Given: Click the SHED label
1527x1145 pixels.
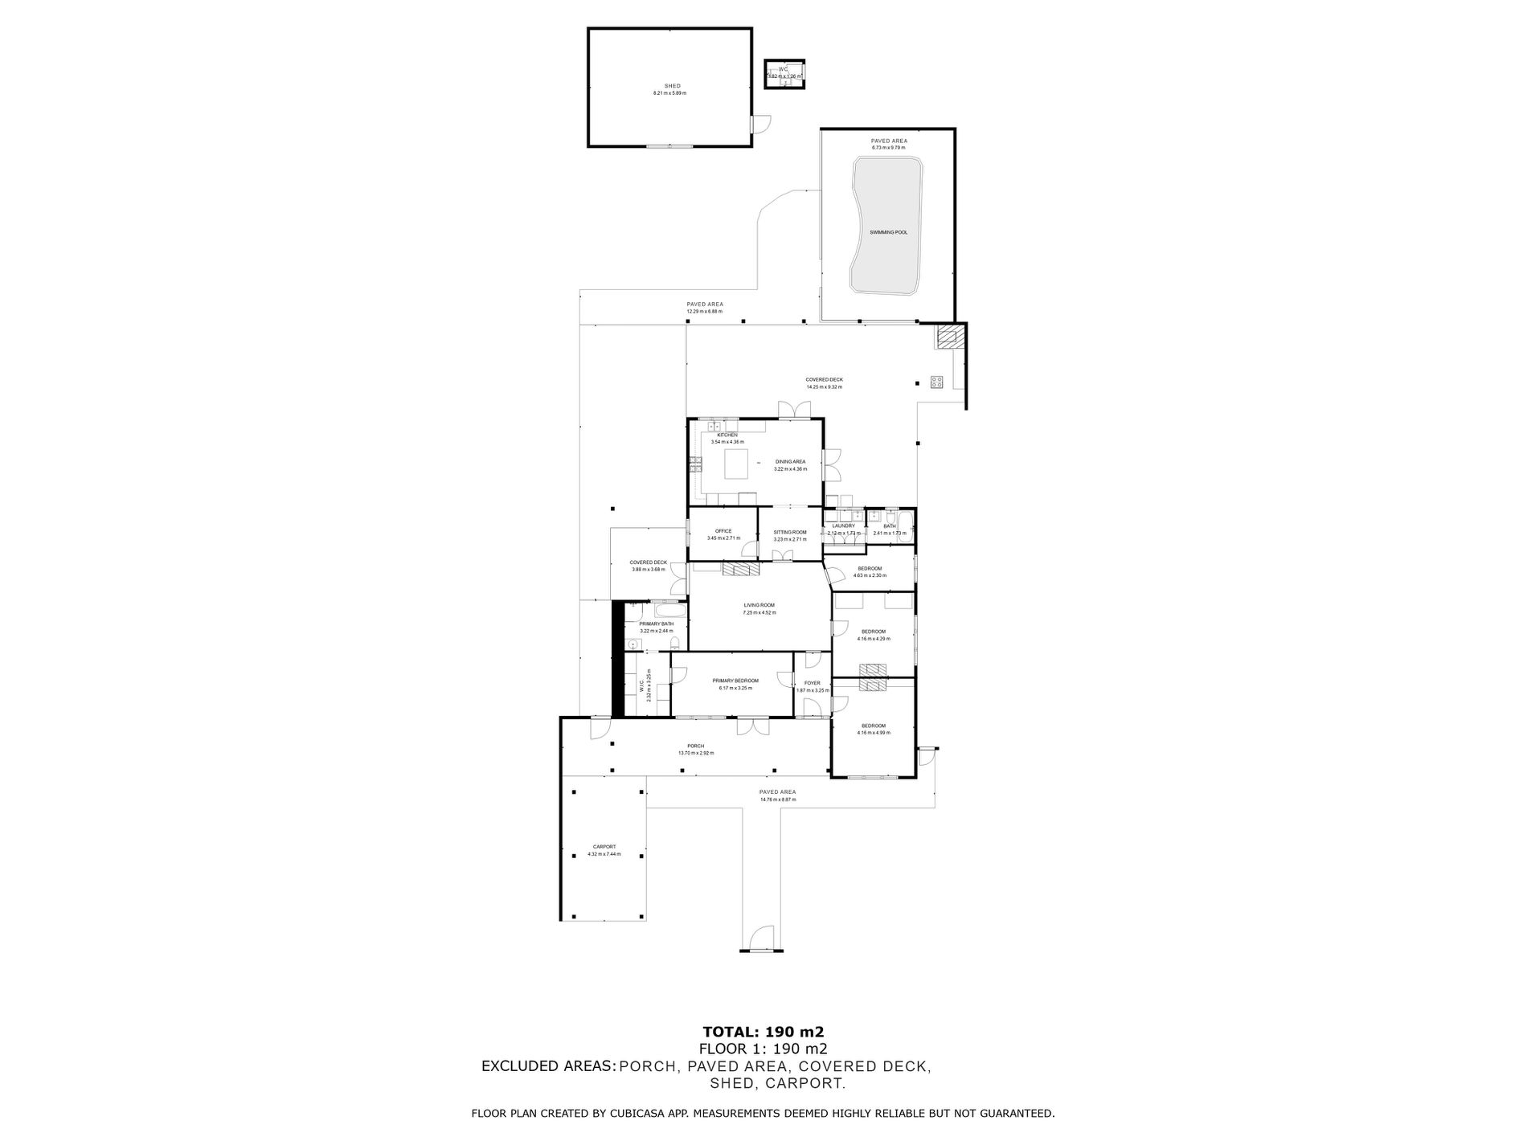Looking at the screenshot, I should tap(672, 86).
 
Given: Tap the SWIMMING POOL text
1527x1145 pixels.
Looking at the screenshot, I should tap(888, 232).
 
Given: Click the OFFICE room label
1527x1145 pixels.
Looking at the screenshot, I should tap(723, 531).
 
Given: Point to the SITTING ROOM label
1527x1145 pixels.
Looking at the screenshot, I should tap(789, 532).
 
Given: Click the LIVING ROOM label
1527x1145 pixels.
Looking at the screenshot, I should tap(759, 605).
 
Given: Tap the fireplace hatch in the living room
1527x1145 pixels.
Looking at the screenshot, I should tap(740, 569).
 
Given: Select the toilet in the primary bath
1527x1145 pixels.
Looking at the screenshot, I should tap(675, 644).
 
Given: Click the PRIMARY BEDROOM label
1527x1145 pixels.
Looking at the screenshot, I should tap(735, 681).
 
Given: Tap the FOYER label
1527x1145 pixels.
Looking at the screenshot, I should tap(812, 683).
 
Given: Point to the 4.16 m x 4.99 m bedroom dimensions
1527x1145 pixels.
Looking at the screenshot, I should tap(872, 733).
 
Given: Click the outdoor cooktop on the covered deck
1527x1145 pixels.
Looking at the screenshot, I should tap(936, 382).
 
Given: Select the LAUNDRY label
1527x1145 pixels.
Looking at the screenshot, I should tap(843, 525).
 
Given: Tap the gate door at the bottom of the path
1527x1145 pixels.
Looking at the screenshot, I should tap(759, 941).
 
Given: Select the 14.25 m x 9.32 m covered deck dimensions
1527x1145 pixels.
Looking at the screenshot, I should tap(824, 387).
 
